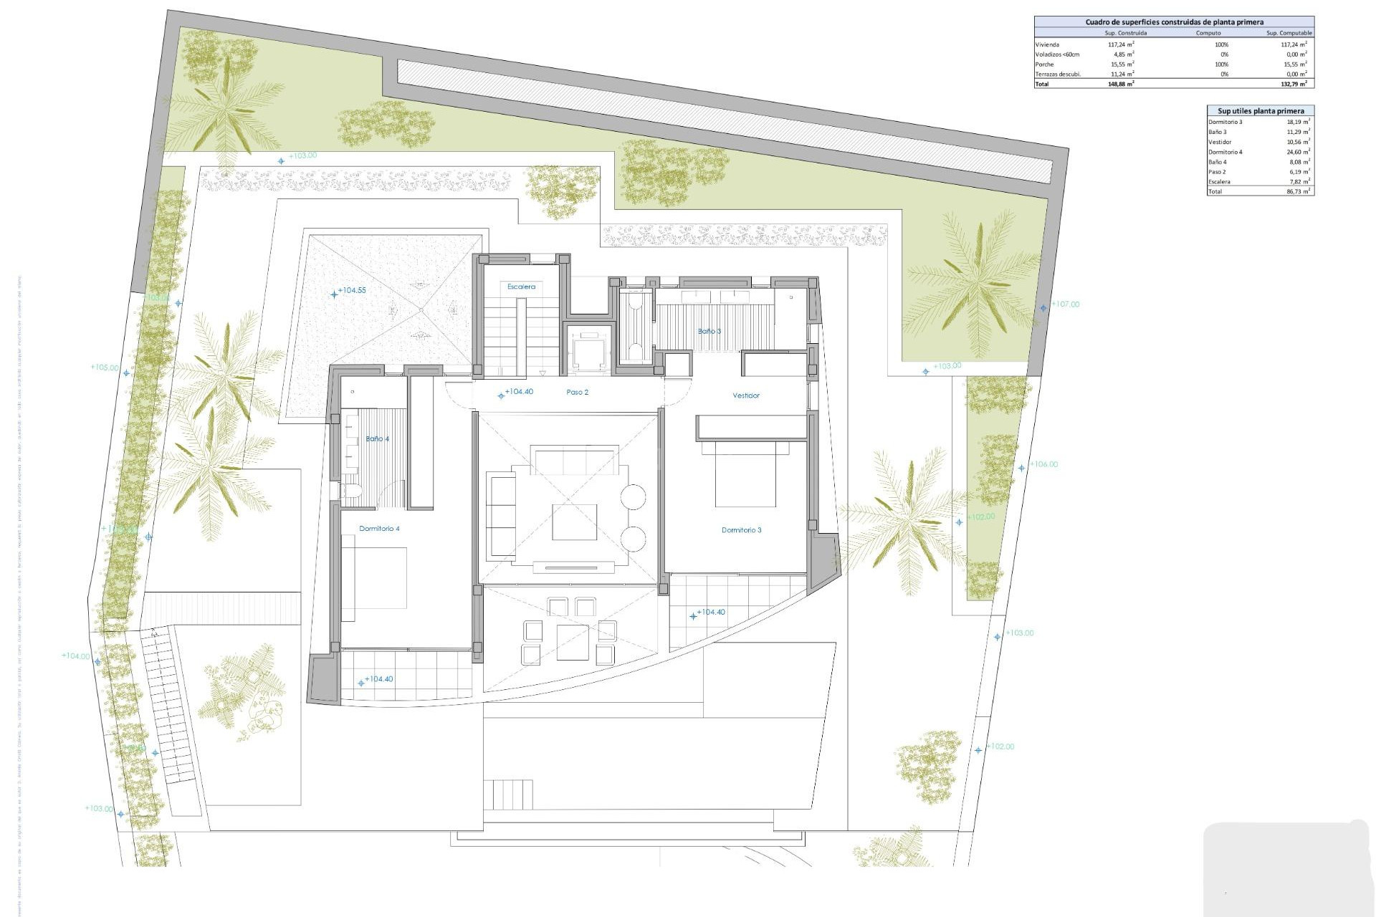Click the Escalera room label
521,287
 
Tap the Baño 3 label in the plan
709,331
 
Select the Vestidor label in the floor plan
745,395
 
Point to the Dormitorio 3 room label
741,530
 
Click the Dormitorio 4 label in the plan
379,529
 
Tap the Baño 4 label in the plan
377,438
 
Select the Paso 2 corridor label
577,393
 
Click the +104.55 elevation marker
351,291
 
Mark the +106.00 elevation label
1043,464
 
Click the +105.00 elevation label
105,368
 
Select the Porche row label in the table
1044,64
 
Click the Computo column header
1208,33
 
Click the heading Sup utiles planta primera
1261,111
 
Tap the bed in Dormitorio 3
745,476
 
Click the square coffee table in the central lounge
574,522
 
